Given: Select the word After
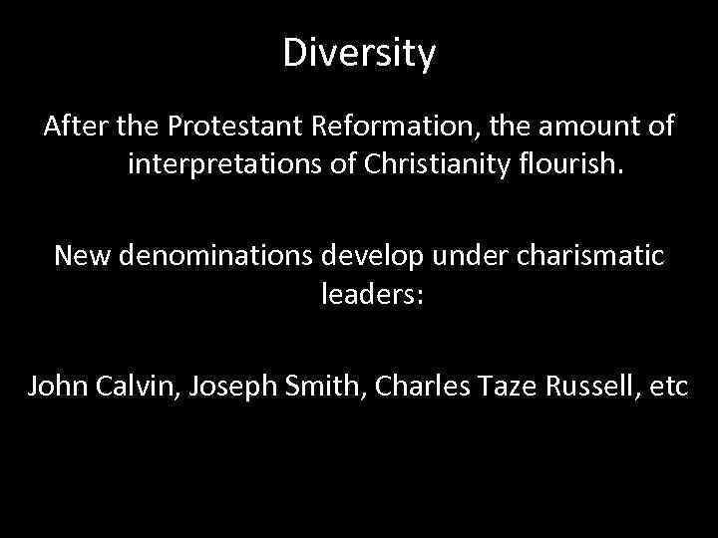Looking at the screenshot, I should tap(75, 129).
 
